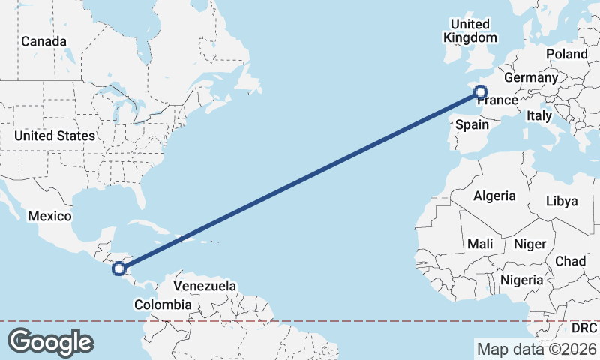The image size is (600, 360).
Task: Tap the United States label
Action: click(55, 136)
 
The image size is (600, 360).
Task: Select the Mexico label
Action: click(49, 216)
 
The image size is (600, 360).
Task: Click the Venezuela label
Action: click(205, 286)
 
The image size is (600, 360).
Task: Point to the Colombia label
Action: click(163, 304)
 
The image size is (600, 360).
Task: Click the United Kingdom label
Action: click(470, 31)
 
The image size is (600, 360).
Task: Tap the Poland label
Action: click(566, 54)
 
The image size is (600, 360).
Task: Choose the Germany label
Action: click(530, 77)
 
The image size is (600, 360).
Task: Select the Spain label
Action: click(472, 124)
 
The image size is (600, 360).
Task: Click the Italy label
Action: click(538, 115)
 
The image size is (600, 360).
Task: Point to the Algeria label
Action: click(494, 196)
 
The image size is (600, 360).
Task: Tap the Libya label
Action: click(562, 201)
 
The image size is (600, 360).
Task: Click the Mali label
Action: click(480, 244)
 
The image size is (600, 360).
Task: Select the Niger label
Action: click(529, 244)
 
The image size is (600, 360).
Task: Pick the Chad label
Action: click(570, 260)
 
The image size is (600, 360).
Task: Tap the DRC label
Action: click(583, 328)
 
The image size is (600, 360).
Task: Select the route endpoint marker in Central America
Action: click(118, 268)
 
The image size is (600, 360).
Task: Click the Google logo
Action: click(50, 342)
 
